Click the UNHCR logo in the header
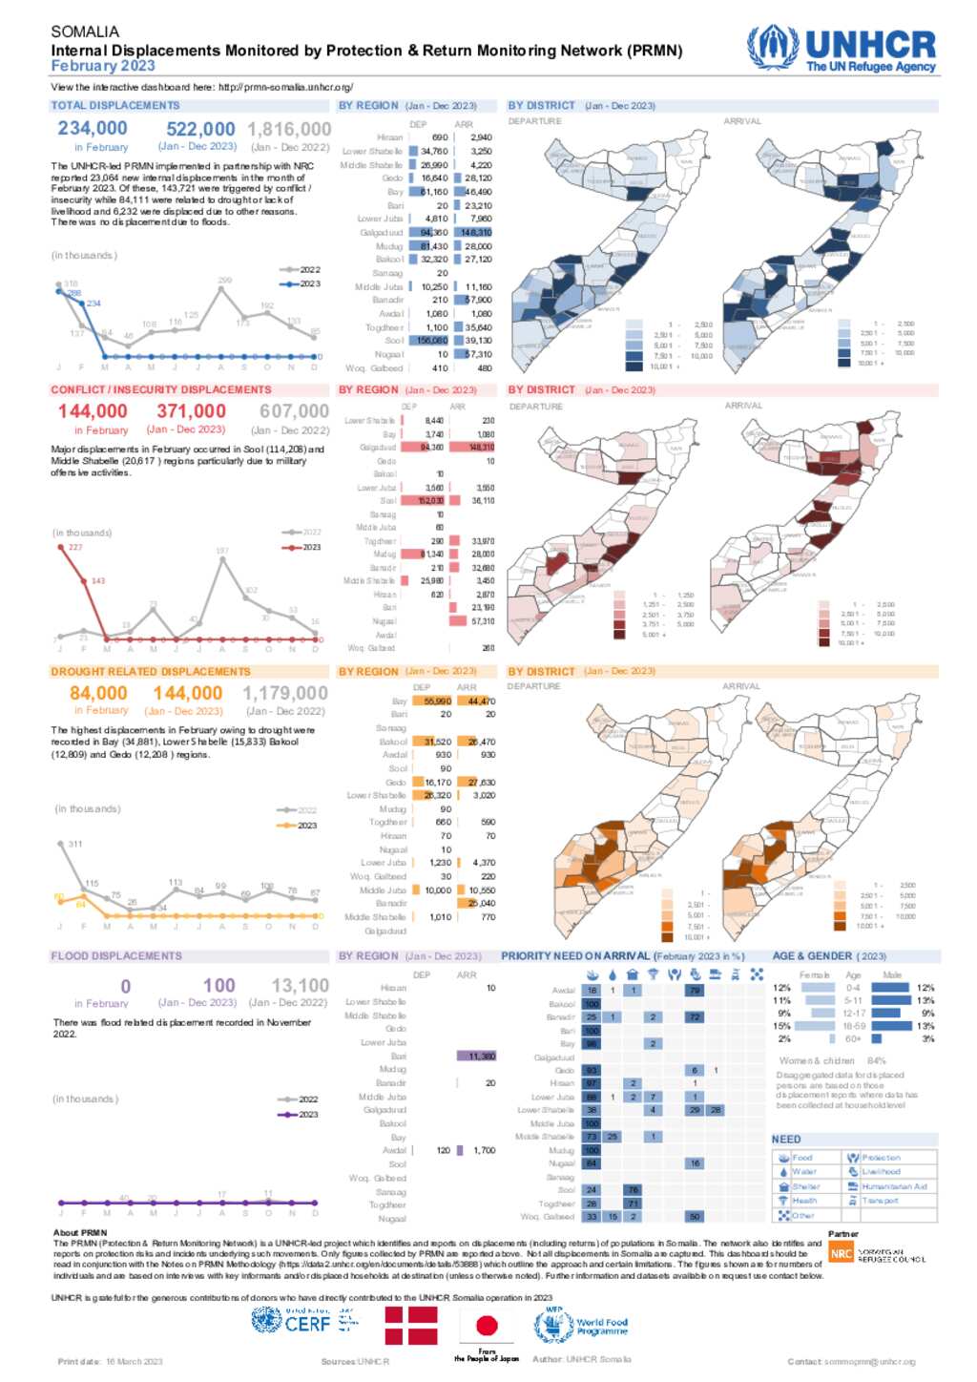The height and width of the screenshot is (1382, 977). [842, 50]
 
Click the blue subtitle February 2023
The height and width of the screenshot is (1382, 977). [103, 66]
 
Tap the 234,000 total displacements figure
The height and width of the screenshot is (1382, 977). [93, 128]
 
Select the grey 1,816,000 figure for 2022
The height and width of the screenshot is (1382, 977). [289, 129]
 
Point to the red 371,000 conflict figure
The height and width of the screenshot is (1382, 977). [191, 411]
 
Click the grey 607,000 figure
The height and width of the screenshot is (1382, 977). [294, 411]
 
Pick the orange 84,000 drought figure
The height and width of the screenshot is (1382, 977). [98, 694]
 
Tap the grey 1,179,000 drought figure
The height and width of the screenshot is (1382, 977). [285, 694]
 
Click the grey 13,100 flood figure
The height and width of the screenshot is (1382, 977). [301, 985]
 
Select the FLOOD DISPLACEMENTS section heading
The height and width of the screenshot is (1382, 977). [116, 955]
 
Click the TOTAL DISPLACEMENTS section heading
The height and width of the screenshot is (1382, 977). [115, 106]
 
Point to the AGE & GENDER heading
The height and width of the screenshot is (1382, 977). [812, 955]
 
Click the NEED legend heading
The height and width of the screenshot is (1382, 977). [786, 1140]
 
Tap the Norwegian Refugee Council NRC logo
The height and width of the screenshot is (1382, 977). [842, 1254]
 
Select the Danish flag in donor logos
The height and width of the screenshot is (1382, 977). [410, 1326]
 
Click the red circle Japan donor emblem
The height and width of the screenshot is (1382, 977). [487, 1326]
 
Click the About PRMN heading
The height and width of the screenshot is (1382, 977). [80, 1233]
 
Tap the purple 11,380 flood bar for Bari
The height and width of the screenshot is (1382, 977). [475, 1057]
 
